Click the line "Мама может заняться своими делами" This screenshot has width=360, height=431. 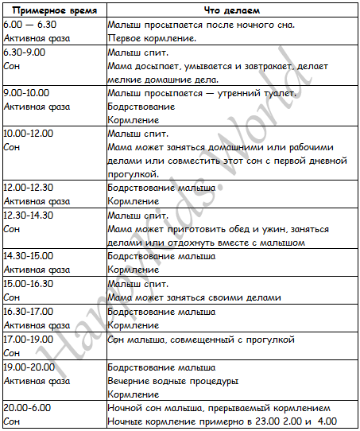(194, 297)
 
